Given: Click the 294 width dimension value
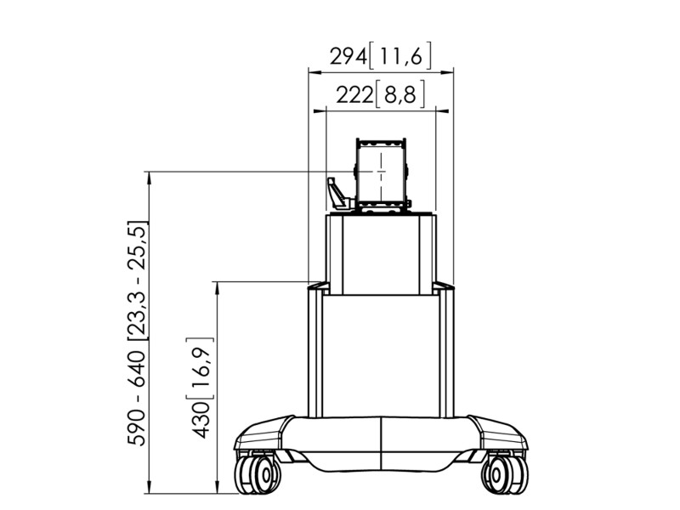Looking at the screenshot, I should tap(348, 56).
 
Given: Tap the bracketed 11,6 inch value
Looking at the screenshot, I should tap(400, 56).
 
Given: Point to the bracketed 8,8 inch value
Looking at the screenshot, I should tap(399, 96).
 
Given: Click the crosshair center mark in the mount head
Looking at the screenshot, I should tap(382, 172).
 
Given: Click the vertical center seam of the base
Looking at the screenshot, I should tap(381, 442).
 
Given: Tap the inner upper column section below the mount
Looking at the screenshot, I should tap(381, 255).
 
